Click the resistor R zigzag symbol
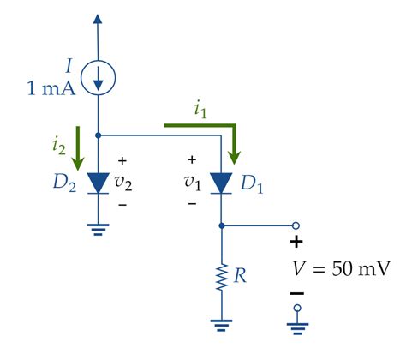tap(222, 277)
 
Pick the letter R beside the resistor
tap(243, 277)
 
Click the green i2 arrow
tap(79, 147)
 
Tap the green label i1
tap(200, 109)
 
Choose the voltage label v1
tap(190, 182)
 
